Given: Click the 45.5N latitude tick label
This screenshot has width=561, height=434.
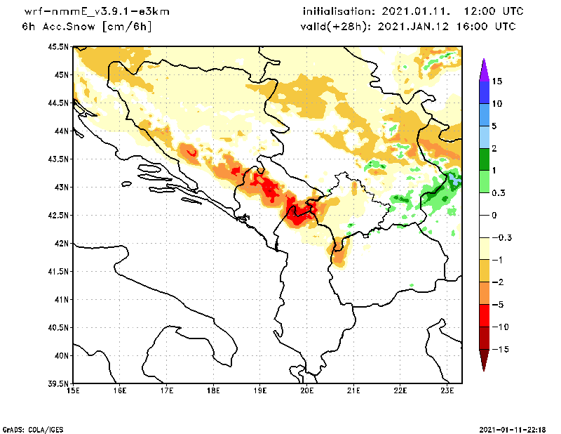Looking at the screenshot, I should [60, 47].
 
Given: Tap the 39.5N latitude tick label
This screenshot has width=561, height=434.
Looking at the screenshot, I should [60, 384].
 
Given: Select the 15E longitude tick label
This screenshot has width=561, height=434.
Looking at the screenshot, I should [72, 391].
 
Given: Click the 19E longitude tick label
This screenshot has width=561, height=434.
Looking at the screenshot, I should [260, 391].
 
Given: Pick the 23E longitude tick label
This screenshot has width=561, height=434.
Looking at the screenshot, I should [447, 391].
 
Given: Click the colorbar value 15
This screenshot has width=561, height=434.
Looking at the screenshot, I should [496, 81].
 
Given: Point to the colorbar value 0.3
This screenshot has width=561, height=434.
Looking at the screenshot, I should [499, 193].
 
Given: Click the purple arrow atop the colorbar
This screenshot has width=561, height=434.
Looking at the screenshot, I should [484, 68].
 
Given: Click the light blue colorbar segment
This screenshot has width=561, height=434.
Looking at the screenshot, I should [484, 137].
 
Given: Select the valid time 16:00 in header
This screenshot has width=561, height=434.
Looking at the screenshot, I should [468, 27].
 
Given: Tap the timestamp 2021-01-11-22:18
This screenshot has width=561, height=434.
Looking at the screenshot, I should [514, 428].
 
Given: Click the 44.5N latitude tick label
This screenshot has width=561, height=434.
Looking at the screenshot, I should [60, 103].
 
